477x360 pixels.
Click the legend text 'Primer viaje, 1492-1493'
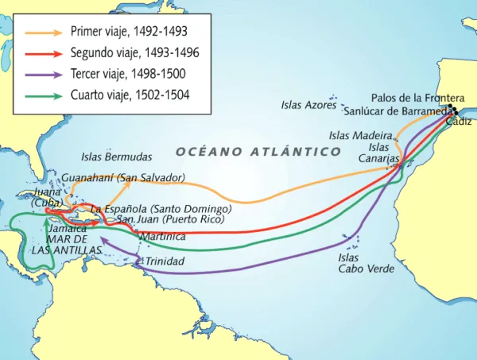(130, 33)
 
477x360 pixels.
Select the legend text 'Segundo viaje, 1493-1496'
(135, 54)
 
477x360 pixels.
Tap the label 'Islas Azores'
(308, 105)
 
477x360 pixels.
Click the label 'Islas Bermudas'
(117, 157)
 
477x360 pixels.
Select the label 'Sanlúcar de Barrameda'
(397, 110)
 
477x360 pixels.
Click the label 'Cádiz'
(459, 122)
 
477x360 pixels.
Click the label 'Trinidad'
(165, 261)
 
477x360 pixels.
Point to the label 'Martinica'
(163, 237)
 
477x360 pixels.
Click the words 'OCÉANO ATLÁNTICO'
(258, 152)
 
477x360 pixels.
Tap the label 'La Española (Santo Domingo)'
(161, 208)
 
